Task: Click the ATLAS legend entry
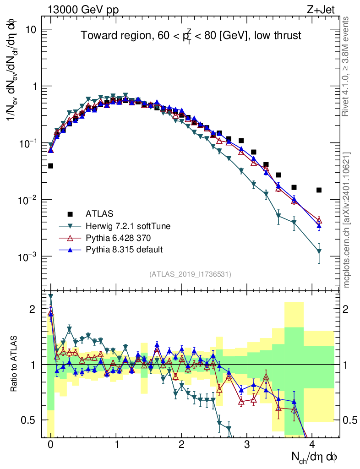(x=99, y=213)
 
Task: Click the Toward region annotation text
(x=191, y=36)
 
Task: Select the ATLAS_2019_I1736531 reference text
(x=190, y=274)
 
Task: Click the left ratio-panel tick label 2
(x=32, y=309)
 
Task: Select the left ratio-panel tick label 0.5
(x=28, y=420)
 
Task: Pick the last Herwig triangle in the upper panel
(x=319, y=251)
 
